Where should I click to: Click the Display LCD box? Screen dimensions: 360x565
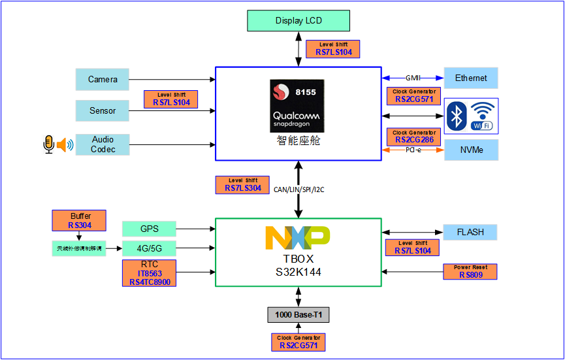[x=299, y=20]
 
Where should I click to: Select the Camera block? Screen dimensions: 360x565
[x=103, y=79]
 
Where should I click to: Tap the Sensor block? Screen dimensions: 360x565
[x=103, y=110]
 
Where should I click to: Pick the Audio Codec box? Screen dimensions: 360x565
[x=103, y=144]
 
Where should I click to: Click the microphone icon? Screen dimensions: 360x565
[x=48, y=144]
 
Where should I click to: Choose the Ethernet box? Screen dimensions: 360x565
[x=471, y=78]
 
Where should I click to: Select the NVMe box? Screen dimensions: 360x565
[x=471, y=150]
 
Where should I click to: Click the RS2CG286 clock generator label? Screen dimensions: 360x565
[x=413, y=137]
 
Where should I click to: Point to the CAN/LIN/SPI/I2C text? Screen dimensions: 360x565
[x=299, y=190]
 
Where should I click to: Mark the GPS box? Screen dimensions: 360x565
[x=149, y=229]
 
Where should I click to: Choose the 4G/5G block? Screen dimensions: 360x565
[x=149, y=248]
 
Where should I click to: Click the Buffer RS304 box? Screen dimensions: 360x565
[x=78, y=220]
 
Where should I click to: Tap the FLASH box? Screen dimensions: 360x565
[x=470, y=232]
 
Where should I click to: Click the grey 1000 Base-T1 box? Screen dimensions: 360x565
[x=299, y=316]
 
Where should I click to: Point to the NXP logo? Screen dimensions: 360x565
[x=297, y=238]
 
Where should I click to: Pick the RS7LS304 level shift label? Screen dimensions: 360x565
[x=243, y=184]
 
